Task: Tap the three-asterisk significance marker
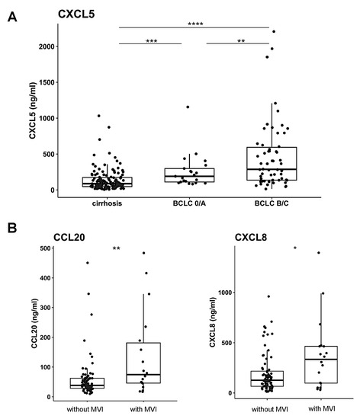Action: pyautogui.click(x=152, y=40)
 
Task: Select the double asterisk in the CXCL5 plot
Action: pyautogui.click(x=241, y=40)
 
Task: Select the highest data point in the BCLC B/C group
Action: pyautogui.click(x=274, y=31)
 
